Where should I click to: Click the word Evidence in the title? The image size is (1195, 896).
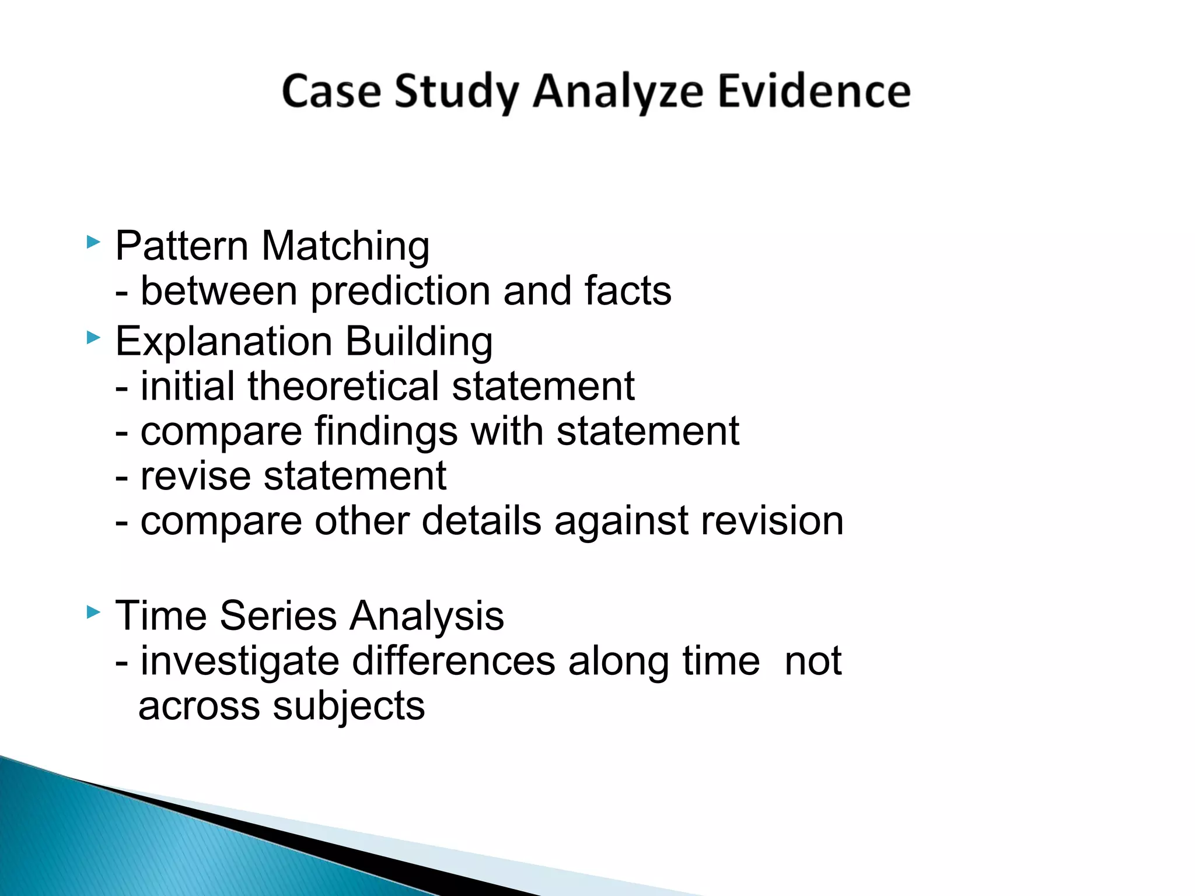click(x=813, y=92)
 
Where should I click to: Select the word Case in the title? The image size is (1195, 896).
click(x=331, y=92)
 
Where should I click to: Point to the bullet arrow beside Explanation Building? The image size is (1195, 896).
click(x=93, y=337)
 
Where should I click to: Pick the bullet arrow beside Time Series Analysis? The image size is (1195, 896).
click(x=93, y=612)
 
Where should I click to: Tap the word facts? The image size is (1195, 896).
click(x=628, y=291)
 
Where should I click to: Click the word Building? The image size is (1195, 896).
click(x=419, y=342)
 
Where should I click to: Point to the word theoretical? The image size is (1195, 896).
click(x=343, y=386)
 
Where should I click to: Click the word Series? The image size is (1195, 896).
click(x=279, y=616)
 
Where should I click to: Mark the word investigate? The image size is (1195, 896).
click(x=240, y=663)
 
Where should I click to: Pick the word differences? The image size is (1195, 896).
click(x=454, y=661)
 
